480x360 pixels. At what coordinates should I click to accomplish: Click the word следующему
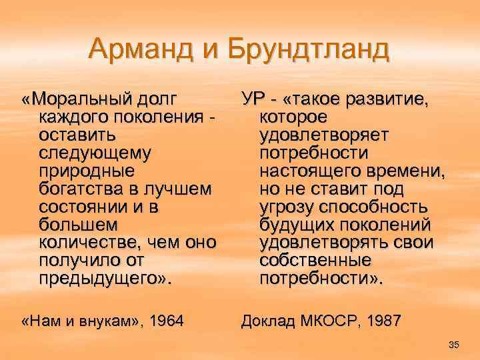pos(94,153)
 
